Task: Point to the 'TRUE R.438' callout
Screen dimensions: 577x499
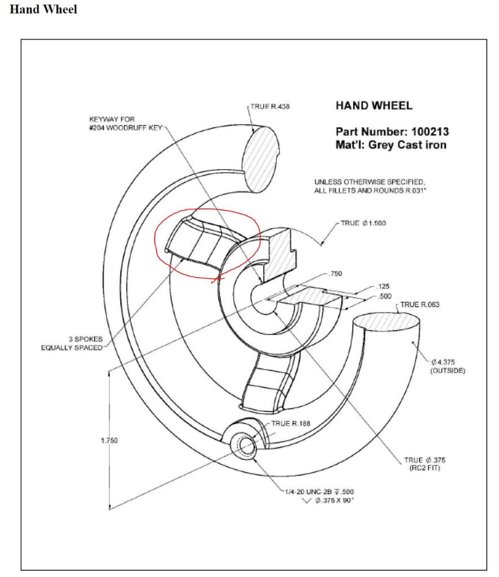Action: (x=270, y=106)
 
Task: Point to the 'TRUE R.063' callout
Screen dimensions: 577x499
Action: (x=420, y=305)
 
